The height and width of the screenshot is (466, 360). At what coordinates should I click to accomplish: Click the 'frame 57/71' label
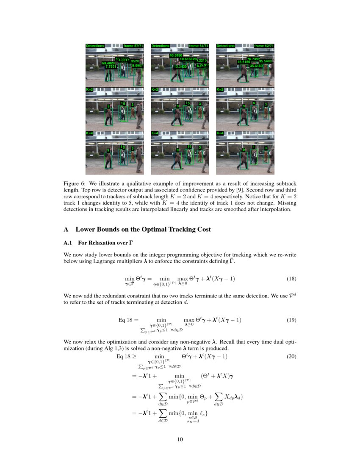coord(133,46)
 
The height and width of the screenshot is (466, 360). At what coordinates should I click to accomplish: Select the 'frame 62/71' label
coord(263,46)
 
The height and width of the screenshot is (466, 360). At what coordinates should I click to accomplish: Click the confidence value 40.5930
coord(176,55)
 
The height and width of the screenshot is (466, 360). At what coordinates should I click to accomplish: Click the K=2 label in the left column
coord(89,90)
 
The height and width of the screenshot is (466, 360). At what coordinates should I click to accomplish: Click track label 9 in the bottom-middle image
coord(178,150)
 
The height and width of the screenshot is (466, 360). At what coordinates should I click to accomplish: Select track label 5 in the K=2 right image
coord(254,103)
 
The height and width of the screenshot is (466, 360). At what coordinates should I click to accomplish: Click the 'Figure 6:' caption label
coord(75,183)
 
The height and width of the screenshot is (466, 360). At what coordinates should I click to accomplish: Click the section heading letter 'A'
coord(66,229)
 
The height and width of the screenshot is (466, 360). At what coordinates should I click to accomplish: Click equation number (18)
coord(291,279)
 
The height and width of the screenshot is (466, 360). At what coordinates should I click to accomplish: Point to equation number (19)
coord(291,320)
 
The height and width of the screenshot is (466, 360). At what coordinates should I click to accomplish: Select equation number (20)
coord(291,357)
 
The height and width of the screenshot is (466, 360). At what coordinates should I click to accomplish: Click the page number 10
coord(180,439)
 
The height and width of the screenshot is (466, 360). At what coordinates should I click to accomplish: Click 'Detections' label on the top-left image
coord(94,46)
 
